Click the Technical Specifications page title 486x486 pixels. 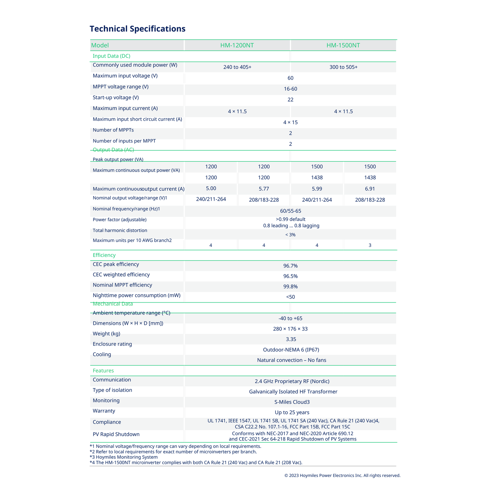pos(137,29)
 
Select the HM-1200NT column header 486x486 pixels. pos(237,45)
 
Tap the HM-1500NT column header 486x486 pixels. pos(343,45)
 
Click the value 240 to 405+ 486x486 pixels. pos(237,67)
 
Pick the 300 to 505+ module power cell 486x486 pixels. pos(343,67)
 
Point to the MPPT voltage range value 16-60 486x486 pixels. pos(290,89)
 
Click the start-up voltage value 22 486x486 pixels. pos(290,100)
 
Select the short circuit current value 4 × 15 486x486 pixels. pos(290,122)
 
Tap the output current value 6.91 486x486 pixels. pos(370,189)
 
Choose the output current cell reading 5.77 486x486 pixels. pos(264,189)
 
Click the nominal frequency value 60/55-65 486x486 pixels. pos(290,211)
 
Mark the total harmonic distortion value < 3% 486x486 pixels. pos(290,235)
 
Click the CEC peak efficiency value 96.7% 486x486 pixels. pos(290,266)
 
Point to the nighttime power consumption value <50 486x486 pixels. pos(290,297)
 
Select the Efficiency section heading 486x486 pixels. pos(104,255)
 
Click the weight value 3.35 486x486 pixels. pos(290,339)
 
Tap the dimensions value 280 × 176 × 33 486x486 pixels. pos(290,329)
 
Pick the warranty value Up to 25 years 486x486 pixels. pos(292,413)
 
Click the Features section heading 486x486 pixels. pos(103,371)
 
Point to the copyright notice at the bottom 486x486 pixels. pos(342,476)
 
